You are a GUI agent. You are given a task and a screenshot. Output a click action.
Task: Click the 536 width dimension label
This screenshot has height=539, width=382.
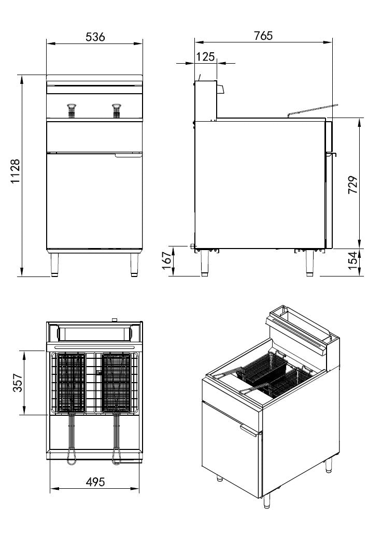tap(95, 37)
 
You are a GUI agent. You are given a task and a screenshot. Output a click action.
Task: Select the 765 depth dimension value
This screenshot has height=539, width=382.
tap(263, 36)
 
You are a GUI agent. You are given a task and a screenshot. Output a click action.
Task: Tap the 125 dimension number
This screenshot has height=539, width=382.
tap(206, 56)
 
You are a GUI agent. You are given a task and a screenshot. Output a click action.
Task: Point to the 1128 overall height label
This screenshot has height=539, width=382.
tap(16, 172)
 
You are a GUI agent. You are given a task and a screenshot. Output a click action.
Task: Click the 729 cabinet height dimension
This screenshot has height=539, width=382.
tap(352, 185)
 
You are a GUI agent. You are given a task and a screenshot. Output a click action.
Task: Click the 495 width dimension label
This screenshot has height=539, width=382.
tap(95, 482)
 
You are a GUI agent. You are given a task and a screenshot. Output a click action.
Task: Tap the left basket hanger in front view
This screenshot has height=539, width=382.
tap(72, 109)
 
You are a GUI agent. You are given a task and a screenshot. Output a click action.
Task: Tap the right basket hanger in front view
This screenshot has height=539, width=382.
tap(117, 109)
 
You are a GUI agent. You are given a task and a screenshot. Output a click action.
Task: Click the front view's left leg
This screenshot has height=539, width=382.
tap(54, 265)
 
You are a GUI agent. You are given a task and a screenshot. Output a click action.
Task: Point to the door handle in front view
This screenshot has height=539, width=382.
tap(128, 155)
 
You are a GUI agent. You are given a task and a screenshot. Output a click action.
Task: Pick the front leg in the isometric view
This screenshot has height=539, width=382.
tap(267, 500)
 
